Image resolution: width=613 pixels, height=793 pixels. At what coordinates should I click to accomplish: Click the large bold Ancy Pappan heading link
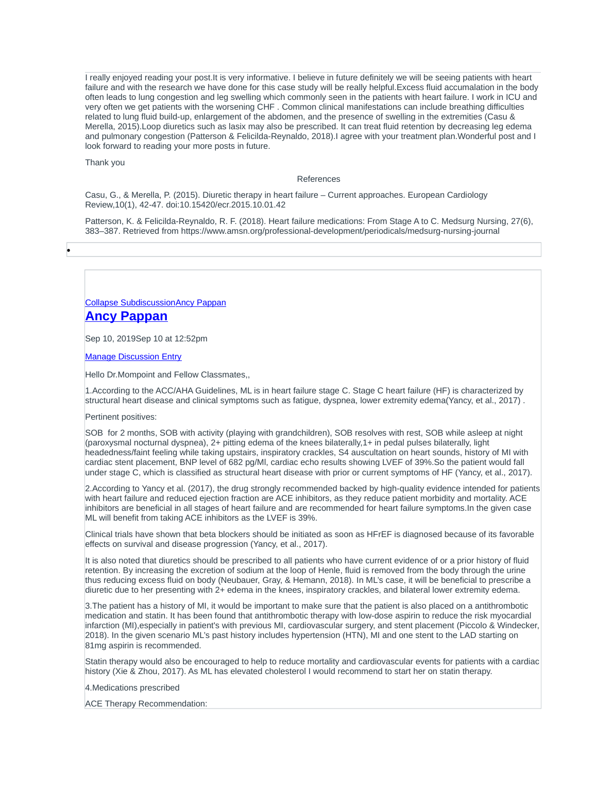(126, 316)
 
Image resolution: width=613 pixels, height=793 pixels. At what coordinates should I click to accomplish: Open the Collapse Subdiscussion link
(130, 303)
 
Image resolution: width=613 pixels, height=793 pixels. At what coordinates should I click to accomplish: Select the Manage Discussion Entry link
(133, 357)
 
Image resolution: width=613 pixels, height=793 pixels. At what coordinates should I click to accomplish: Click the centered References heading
(318, 179)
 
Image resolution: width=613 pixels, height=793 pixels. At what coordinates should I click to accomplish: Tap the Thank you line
(105, 163)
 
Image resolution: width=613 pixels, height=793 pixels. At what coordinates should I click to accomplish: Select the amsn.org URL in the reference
(340, 231)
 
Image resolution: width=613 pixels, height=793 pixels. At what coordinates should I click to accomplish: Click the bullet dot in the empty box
(69, 251)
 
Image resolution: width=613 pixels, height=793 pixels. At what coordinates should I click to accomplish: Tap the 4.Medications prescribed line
(132, 688)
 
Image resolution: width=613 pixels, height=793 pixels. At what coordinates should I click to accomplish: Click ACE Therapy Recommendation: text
(146, 704)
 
